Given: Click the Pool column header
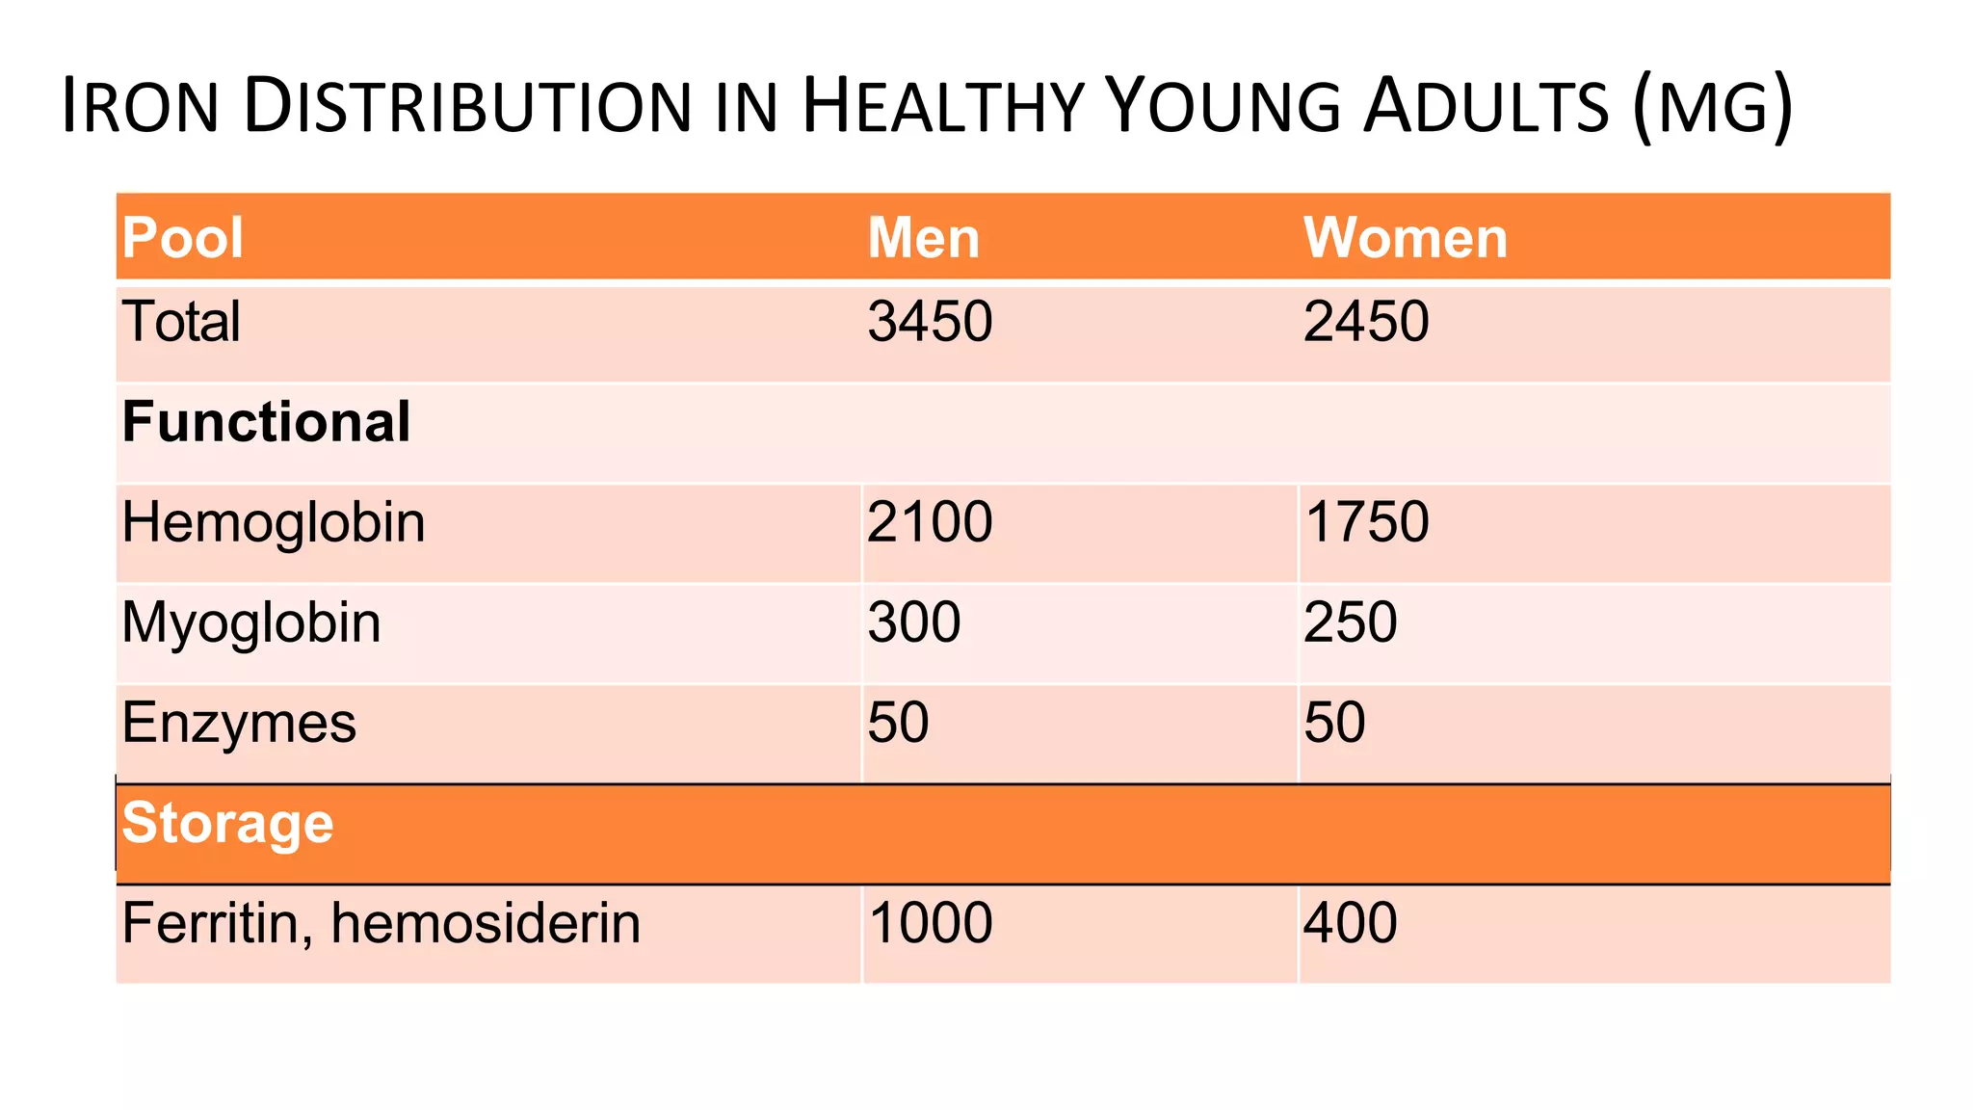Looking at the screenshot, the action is point(182,237).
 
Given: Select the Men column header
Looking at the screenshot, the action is point(923,237).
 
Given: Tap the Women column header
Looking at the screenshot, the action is point(1406,237).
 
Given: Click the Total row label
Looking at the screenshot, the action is point(181,321).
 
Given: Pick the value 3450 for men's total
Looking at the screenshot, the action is point(930,321).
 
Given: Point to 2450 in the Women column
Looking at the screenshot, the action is point(1366,321).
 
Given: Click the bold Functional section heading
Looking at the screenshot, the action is point(266,422).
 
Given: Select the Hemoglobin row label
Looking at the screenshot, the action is point(274,523).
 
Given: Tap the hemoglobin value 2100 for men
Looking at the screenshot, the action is point(930,522).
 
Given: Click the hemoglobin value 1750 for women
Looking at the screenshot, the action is point(1367,522).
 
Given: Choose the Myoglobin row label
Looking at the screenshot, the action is point(251,623).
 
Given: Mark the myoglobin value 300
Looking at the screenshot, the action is point(914,622).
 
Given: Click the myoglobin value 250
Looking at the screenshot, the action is point(1351,622).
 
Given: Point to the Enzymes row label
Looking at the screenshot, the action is point(239,724).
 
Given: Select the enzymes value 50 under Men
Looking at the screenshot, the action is point(898,723).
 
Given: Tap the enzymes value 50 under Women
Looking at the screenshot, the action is point(1334,723).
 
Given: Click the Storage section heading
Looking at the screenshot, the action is point(227,824).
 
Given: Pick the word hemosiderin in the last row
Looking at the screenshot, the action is point(486,923).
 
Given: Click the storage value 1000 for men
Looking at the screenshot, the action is point(931,923).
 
